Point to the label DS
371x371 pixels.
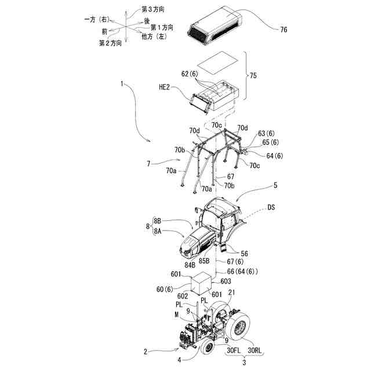tap(272, 208)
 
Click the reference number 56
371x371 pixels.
tap(243, 253)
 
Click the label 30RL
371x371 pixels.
tap(257, 350)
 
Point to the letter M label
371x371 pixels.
tap(176, 314)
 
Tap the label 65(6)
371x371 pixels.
tap(271, 142)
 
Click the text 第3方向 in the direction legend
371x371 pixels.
tap(154, 10)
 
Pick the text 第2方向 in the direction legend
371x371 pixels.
tap(110, 43)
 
